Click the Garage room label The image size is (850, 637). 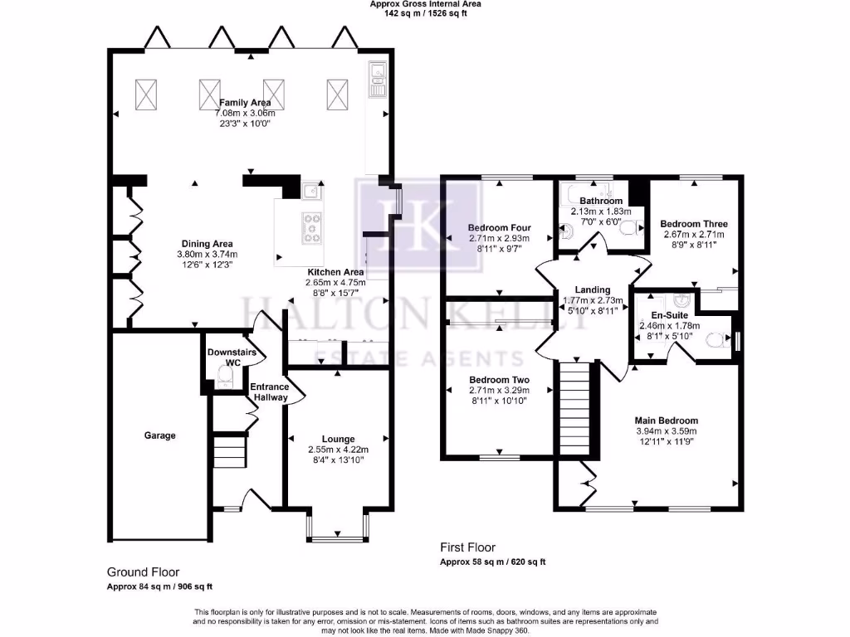[x=159, y=435]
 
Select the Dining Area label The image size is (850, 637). [x=207, y=244]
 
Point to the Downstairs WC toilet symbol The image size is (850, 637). [x=222, y=378]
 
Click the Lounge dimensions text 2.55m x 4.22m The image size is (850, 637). [x=338, y=450]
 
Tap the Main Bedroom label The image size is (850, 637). [x=667, y=421]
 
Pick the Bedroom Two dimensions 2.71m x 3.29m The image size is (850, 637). [x=499, y=391]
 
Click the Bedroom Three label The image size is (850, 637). [x=694, y=224]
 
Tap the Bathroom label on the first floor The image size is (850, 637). [x=601, y=201]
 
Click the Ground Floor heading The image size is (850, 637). [x=143, y=572]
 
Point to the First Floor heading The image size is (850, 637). [x=467, y=547]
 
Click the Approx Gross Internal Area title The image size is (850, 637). [x=425, y=4]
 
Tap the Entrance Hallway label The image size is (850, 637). [x=270, y=392]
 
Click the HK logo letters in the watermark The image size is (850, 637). [x=418, y=223]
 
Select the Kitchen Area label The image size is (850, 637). [x=335, y=272]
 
